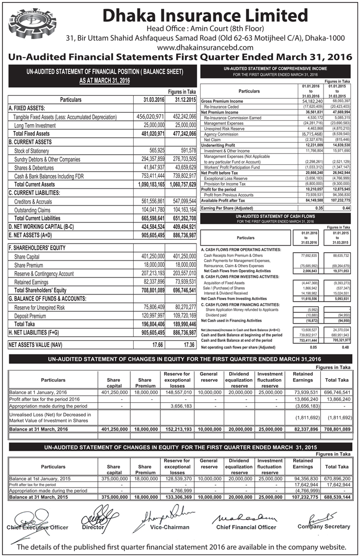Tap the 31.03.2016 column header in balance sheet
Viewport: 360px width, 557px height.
point(149,99)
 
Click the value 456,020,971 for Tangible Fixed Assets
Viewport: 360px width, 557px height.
point(149,117)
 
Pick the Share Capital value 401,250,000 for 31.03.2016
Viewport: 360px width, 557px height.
point(149,256)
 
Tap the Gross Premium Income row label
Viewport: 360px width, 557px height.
point(223,101)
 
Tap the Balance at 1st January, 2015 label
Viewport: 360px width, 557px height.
point(40,478)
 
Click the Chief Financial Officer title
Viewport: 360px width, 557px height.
point(246,527)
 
